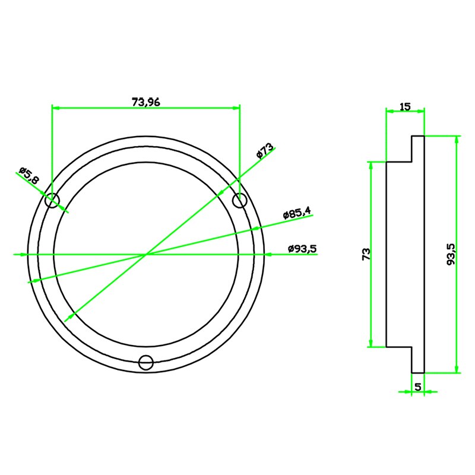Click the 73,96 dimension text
145,102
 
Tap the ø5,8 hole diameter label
29,175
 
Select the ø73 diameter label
265,151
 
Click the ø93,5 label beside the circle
302,248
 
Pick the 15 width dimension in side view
405,107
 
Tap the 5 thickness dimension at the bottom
418,387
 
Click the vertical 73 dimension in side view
366,254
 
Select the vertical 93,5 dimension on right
451,254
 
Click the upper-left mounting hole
52,201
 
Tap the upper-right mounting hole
239,201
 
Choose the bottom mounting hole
145,362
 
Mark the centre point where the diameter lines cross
146,254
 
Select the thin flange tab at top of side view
418,148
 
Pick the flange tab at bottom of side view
418,359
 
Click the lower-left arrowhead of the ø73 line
68,317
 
